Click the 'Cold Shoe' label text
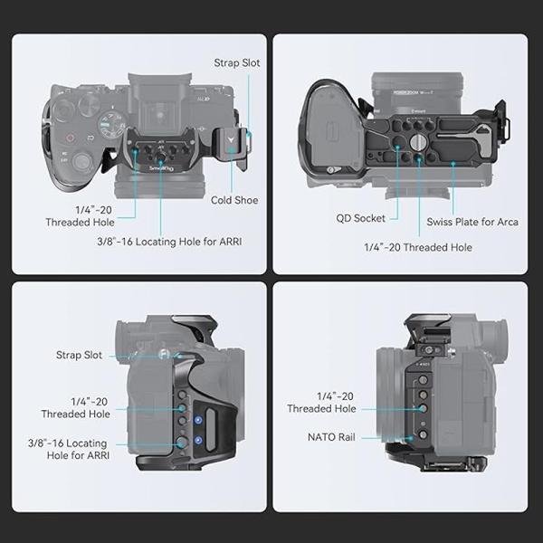pyautogui.click(x=233, y=200)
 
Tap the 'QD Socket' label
pyautogui.click(x=361, y=218)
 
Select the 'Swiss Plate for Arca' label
pyautogui.click(x=472, y=222)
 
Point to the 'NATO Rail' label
pyautogui.click(x=331, y=437)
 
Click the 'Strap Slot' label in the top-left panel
pyautogui.click(x=238, y=63)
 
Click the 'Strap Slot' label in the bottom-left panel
pyautogui.click(x=80, y=356)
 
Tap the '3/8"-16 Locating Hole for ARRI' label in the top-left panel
pyautogui.click(x=168, y=242)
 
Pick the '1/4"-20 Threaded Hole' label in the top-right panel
pyautogui.click(x=417, y=246)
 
